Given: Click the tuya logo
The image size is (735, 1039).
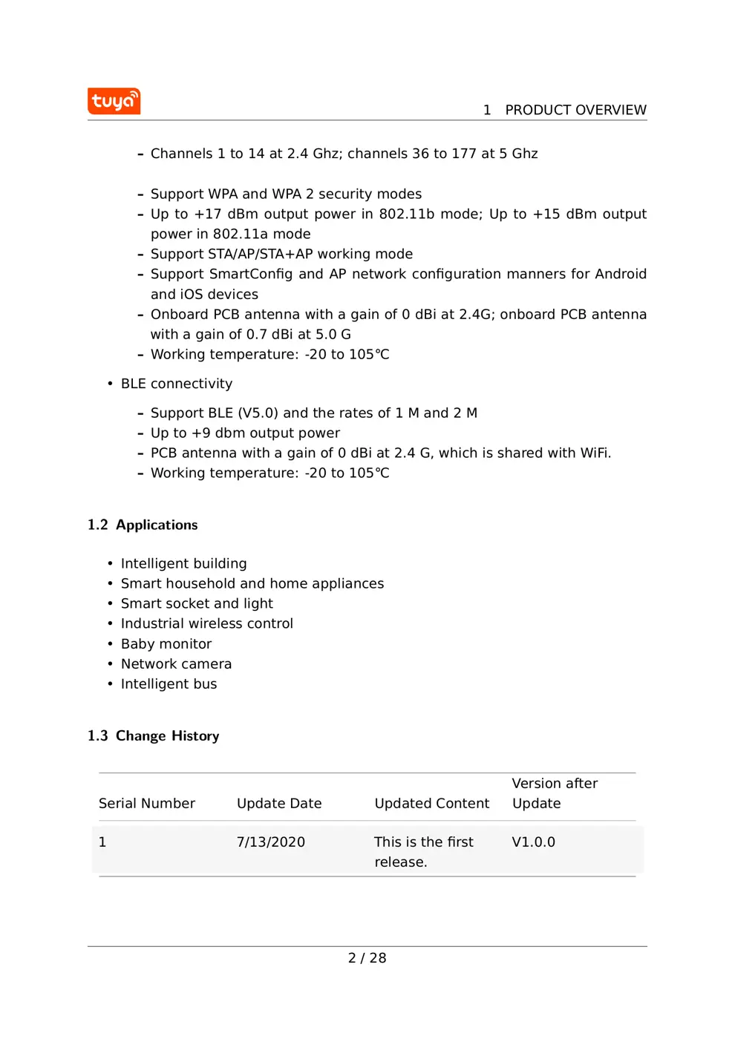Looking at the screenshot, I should (x=114, y=101).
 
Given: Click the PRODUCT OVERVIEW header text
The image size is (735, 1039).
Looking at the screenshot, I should (x=575, y=110).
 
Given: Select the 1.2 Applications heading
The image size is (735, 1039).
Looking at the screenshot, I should (x=143, y=525).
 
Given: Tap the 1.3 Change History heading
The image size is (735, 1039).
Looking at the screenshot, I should (x=153, y=735).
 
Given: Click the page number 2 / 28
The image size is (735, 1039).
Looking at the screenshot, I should (x=367, y=958).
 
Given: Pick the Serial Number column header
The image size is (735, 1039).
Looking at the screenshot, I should (x=147, y=803).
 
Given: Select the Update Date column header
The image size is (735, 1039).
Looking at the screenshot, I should (x=279, y=803).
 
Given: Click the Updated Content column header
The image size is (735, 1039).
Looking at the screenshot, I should (x=431, y=803).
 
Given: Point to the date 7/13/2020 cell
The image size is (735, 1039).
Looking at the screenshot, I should (x=271, y=842).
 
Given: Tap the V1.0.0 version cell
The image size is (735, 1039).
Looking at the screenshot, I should (x=533, y=842).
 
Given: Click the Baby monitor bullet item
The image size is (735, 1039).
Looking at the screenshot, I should (x=166, y=643).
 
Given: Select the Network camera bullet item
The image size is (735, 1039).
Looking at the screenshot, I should (x=176, y=663).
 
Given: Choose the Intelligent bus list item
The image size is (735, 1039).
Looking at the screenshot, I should (x=169, y=684).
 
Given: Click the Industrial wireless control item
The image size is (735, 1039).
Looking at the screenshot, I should (x=206, y=623).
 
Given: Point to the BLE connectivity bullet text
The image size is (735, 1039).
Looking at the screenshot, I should (x=177, y=384).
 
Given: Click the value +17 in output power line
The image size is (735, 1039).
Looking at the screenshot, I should (x=208, y=214).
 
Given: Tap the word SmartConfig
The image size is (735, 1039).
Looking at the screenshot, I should (x=251, y=274).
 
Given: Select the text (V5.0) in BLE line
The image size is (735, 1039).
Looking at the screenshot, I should (x=258, y=413).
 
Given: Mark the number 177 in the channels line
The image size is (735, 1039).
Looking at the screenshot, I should (x=463, y=154).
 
